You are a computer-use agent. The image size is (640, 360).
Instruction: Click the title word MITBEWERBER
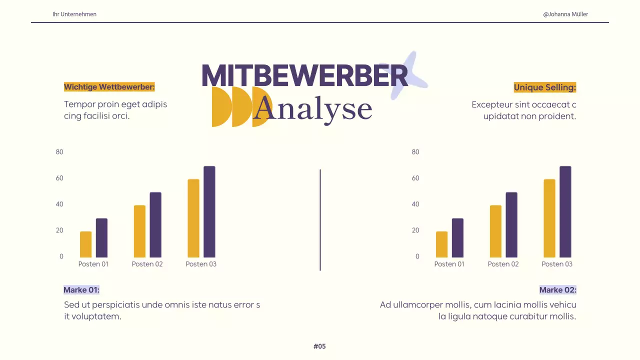[304, 76]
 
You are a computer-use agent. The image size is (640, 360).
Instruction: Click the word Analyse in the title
[313, 109]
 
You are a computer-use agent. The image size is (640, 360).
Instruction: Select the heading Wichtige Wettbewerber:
[109, 87]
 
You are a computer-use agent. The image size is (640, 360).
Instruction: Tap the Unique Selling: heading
[545, 87]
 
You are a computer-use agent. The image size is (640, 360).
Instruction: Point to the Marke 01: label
[81, 290]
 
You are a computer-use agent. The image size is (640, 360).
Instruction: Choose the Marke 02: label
[557, 290]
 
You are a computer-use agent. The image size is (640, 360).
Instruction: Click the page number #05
[319, 346]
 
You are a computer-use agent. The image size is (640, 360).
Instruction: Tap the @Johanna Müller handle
[565, 14]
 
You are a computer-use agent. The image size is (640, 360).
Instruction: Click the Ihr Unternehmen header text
[74, 14]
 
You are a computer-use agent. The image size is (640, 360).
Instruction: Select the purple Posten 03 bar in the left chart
[209, 212]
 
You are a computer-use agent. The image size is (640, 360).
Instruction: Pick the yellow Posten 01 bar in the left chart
[86, 244]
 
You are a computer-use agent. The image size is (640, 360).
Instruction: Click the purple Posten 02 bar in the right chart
[511, 225]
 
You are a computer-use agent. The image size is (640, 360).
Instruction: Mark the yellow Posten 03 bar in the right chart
[549, 218]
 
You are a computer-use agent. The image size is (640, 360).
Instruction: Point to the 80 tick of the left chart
[59, 152]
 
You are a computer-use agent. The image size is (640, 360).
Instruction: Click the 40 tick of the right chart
[415, 204]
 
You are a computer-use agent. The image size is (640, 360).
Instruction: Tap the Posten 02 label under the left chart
[147, 264]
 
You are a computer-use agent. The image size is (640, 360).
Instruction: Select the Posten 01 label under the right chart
[449, 264]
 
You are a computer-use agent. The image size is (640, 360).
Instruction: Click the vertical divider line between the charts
[320, 220]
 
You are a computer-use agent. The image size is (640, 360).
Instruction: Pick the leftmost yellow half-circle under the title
[220, 106]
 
